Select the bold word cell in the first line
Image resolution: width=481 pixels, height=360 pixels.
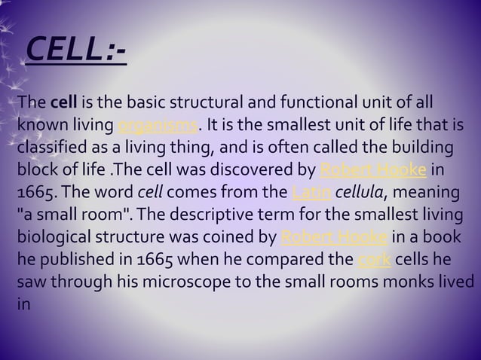tap(65, 102)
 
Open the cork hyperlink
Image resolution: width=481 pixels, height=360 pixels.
tap(369, 263)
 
